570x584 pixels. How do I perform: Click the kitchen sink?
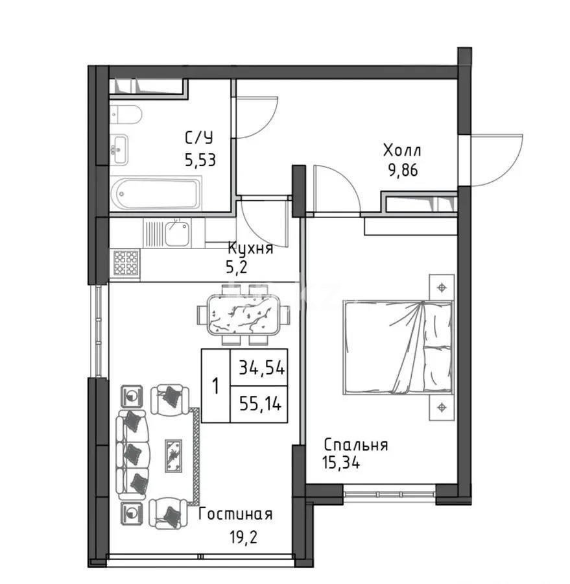[176, 233]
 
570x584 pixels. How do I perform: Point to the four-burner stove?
[126, 263]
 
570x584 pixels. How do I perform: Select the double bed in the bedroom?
[397, 347]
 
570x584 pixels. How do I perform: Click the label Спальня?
[355, 445]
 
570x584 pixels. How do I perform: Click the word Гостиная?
[235, 515]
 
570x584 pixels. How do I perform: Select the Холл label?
[402, 152]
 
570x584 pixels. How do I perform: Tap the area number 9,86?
[402, 170]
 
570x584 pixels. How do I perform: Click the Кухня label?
[250, 248]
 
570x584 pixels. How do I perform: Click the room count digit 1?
[215, 386]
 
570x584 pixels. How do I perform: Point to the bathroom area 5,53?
[199, 160]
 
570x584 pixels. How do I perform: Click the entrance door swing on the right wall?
[496, 159]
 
